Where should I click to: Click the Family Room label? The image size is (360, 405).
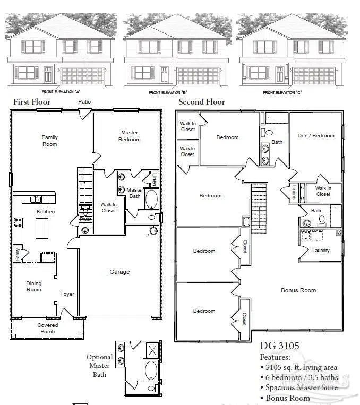pyautogui.click(x=50, y=141)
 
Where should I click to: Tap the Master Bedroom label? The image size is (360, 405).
pyautogui.click(x=130, y=136)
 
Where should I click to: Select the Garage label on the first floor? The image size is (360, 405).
pyautogui.click(x=119, y=272)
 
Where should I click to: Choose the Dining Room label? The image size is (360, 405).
pyautogui.click(x=33, y=287)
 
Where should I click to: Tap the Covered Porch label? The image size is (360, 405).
pyautogui.click(x=48, y=329)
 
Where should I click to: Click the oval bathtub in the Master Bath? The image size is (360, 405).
pyautogui.click(x=152, y=200)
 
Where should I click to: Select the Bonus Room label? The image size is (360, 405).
pyautogui.click(x=298, y=290)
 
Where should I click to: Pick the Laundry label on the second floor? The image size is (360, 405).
pyautogui.click(x=321, y=251)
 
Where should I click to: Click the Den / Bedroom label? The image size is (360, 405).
pyautogui.click(x=316, y=135)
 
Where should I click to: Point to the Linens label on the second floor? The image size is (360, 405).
pyautogui.click(x=293, y=192)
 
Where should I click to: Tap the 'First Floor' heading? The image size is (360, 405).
pyautogui.click(x=31, y=101)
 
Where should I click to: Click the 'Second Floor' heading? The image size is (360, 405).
pyautogui.click(x=202, y=102)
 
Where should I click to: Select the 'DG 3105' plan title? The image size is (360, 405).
pyautogui.click(x=279, y=346)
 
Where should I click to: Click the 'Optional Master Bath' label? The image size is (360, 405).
pyautogui.click(x=100, y=365)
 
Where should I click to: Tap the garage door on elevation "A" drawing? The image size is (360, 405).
pyautogui.click(x=83, y=75)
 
